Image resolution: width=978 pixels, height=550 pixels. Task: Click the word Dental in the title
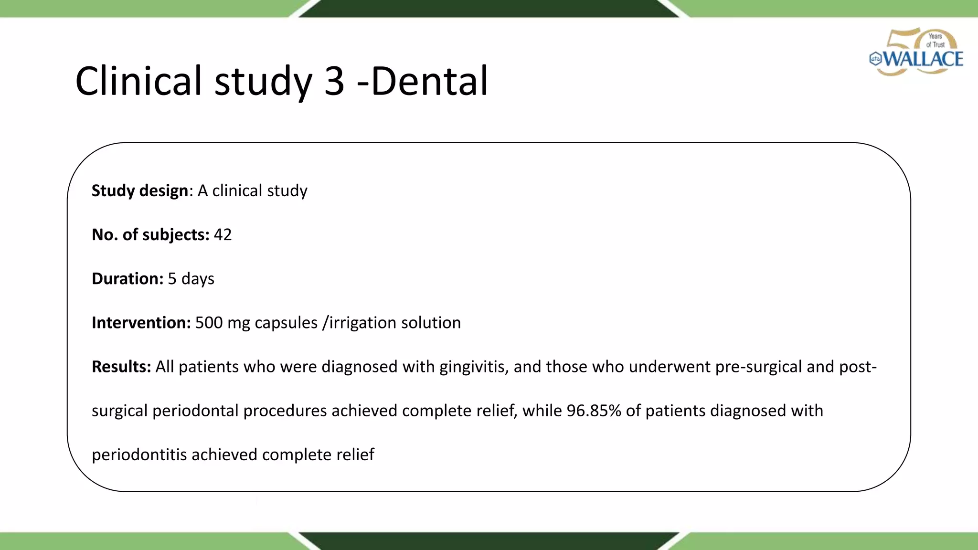(x=429, y=81)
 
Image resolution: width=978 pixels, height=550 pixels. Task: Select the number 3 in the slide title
(x=334, y=81)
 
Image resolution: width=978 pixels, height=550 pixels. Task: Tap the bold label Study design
(x=139, y=190)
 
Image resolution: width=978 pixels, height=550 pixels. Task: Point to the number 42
(x=223, y=234)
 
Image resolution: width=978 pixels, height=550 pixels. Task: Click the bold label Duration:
(x=128, y=278)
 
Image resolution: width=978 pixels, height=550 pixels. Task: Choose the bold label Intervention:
(x=141, y=323)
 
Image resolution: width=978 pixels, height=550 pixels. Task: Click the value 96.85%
(x=594, y=411)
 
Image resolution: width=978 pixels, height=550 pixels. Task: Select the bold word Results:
(x=121, y=367)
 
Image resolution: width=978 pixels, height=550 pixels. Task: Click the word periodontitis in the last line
(x=139, y=455)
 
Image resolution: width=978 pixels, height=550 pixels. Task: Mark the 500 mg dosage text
(x=223, y=323)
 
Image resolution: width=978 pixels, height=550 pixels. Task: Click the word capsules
(x=286, y=323)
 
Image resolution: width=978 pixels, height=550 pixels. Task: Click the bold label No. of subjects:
(x=150, y=234)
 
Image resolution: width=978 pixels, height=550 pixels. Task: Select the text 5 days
(x=191, y=278)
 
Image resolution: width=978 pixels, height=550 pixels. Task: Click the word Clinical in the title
(x=138, y=81)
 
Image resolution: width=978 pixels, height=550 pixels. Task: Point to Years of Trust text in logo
(x=935, y=40)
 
